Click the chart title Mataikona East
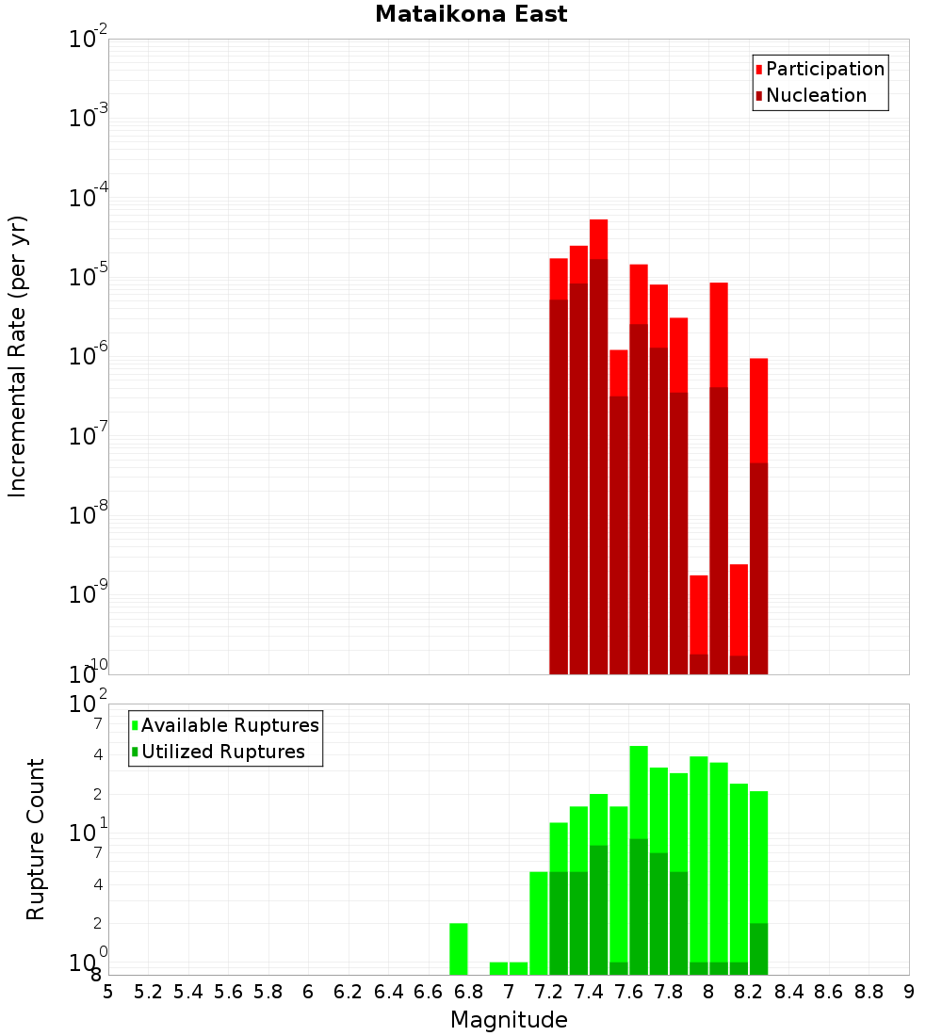click(471, 15)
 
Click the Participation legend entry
click(825, 69)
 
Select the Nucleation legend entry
click(816, 95)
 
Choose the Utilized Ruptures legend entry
click(222, 752)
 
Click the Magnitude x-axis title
click(509, 1020)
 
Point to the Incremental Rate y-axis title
click(18, 357)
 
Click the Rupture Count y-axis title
click(36, 839)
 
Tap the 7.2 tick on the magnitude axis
click(548, 992)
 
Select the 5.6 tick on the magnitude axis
click(228, 992)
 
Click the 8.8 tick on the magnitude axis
click(869, 992)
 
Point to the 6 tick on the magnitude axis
click(308, 992)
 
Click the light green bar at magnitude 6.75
click(459, 949)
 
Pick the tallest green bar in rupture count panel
click(639, 791)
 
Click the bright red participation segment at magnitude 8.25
click(758, 410)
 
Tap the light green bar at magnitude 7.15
click(539, 923)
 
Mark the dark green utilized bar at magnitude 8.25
click(758, 949)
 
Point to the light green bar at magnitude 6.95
click(498, 968)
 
